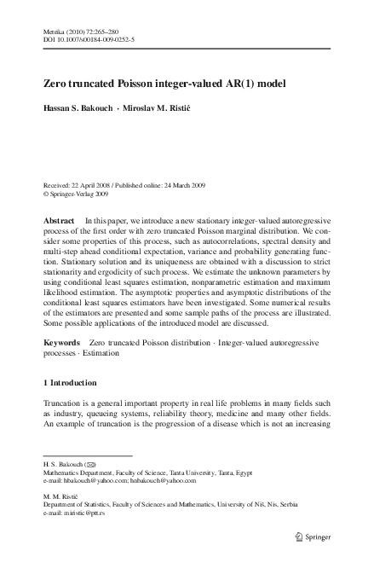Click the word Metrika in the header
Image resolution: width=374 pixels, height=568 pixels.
tap(54, 30)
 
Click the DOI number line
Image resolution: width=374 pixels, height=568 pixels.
tap(83, 38)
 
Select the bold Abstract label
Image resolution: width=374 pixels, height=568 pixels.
tap(59, 221)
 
